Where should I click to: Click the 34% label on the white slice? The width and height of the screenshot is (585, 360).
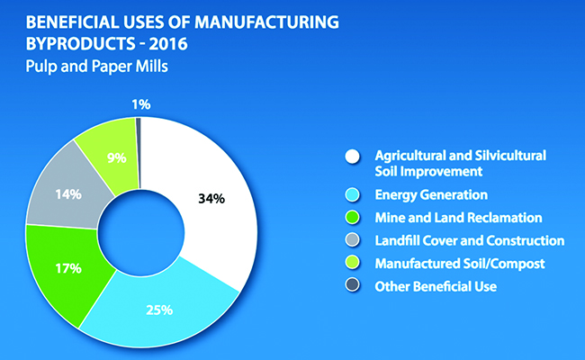coord(211,199)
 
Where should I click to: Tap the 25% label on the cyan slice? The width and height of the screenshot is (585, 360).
coord(159,310)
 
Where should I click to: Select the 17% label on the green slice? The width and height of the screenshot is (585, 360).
coord(68,268)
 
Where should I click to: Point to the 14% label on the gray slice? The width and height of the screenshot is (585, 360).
coord(68,194)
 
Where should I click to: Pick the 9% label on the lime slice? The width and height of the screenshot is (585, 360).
coord(117,158)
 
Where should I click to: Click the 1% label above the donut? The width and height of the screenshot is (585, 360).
coord(141,104)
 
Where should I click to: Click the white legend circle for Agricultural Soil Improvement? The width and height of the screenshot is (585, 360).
coord(353,157)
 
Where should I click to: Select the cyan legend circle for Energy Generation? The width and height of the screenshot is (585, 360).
coord(353,194)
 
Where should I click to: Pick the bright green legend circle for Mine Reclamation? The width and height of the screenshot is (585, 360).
coord(353,218)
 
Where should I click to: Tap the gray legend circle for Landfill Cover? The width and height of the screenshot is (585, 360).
coord(353,240)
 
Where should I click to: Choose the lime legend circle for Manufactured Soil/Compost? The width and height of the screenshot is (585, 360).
coord(353,263)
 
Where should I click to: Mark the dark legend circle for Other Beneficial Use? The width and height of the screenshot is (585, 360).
coord(353,286)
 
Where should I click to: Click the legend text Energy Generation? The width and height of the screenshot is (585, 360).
coord(431,195)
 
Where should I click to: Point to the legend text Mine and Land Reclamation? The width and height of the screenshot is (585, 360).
coord(458,218)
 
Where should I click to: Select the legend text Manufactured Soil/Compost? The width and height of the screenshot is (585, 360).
coord(460,264)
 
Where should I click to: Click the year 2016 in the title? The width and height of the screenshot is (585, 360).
coord(168,44)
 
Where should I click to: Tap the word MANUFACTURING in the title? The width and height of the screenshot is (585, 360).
coord(266,22)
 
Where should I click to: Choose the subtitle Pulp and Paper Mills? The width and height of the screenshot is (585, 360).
coord(96,67)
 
